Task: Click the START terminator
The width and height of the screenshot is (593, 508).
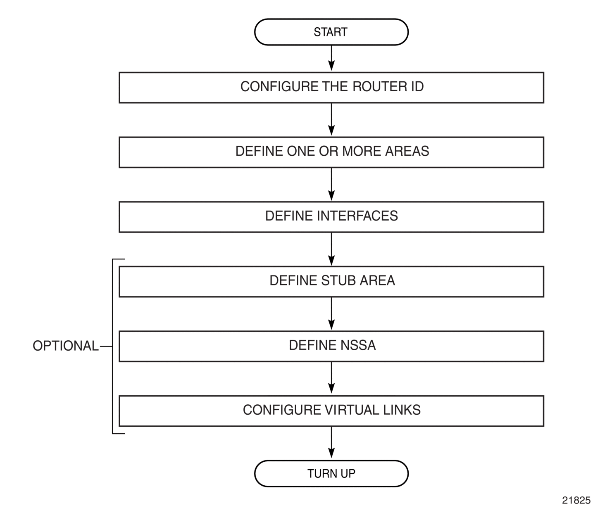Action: click(331, 32)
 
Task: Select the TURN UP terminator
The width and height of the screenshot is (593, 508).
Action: click(331, 473)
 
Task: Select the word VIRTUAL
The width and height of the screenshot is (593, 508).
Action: click(352, 410)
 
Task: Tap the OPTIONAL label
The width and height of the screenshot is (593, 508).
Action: click(66, 346)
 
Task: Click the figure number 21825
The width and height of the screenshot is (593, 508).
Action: click(576, 500)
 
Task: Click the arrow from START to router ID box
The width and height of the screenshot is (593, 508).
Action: click(331, 58)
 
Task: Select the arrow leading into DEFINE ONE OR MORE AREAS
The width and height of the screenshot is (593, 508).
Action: click(331, 119)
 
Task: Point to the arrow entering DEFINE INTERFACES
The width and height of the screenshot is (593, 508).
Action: click(331, 184)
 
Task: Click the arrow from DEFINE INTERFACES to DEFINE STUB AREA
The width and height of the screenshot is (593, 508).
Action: click(331, 249)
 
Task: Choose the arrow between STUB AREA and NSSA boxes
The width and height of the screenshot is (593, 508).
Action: click(331, 313)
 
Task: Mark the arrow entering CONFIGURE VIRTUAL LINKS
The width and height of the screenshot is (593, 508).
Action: click(331, 378)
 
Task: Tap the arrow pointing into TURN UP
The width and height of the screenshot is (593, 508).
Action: click(331, 442)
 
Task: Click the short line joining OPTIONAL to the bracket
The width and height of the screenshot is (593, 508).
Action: click(106, 347)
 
